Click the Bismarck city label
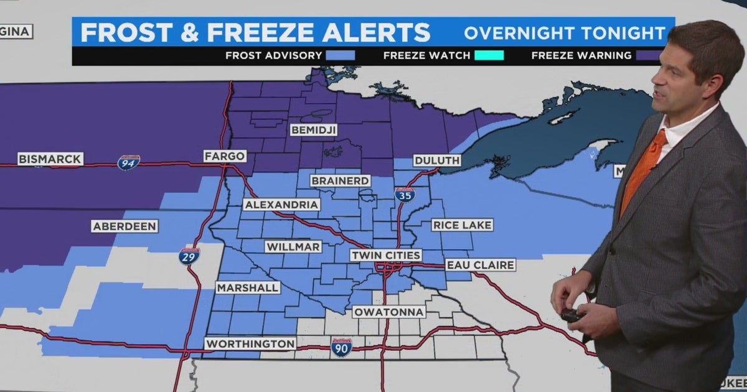point(50,159)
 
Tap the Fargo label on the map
point(225,156)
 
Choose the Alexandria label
point(282,204)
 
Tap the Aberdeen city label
point(125,226)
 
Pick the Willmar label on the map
point(293,247)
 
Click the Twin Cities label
point(386,255)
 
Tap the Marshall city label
point(248,287)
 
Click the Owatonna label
point(389,312)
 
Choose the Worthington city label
point(250,343)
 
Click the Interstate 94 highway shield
point(128,162)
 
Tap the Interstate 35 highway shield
point(405,194)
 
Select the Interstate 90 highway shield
point(341,347)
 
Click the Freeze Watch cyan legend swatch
point(489,55)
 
